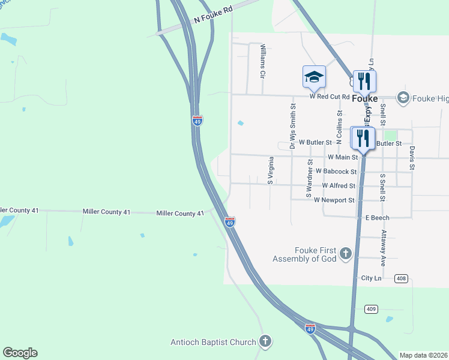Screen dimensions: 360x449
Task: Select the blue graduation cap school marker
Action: [315, 77]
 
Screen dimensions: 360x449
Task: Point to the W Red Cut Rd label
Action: [329, 96]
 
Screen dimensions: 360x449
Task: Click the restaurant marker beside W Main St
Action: [363, 139]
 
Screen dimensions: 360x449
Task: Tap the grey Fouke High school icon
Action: [403, 97]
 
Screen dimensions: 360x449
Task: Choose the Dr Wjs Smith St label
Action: [293, 125]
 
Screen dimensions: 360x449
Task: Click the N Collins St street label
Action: [340, 127]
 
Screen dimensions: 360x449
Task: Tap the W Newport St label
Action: [334, 200]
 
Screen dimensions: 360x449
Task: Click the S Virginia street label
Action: [271, 170]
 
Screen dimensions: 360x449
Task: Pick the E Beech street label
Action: [378, 218]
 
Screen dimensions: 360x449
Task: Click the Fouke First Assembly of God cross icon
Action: [345, 254]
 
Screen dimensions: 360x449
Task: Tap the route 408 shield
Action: [402, 278]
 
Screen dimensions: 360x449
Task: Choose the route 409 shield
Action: [371, 308]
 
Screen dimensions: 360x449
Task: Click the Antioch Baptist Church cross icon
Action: [265, 342]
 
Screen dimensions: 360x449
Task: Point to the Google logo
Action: [20, 353]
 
